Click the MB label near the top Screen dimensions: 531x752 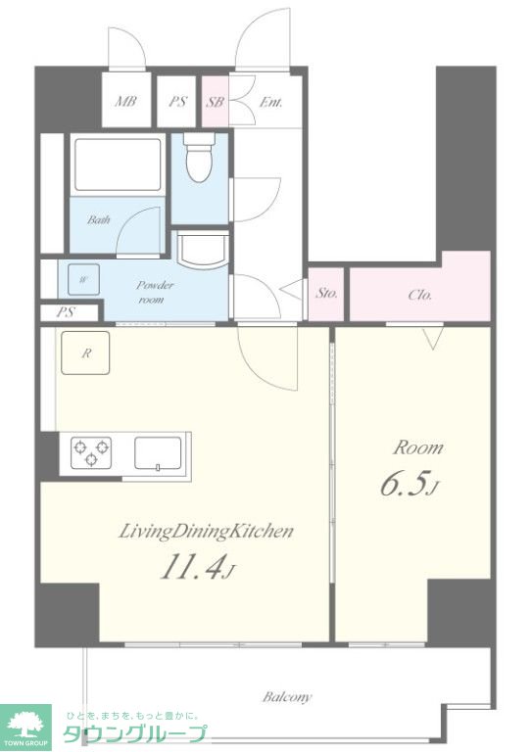tap(126, 101)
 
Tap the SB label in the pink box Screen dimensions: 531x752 tap(215, 102)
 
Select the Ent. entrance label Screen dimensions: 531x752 tap(270, 102)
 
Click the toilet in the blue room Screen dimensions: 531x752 tap(200, 156)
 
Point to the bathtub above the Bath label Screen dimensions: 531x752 tap(118, 164)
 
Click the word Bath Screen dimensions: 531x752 tap(98, 219)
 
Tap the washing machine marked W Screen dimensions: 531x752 tap(83, 280)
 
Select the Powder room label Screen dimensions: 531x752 tap(155, 292)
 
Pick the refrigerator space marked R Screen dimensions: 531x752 tap(85, 352)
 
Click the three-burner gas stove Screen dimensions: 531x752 tap(91, 452)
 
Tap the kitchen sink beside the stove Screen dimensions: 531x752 tap(159, 453)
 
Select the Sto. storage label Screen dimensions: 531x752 tap(326, 293)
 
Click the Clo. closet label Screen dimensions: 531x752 tap(420, 295)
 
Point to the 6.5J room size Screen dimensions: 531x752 tap(409, 485)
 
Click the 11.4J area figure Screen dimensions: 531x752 tap(198, 569)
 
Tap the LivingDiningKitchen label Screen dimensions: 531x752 tap(206, 532)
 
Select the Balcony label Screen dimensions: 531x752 tap(287, 696)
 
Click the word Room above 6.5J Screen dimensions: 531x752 tap(418, 447)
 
